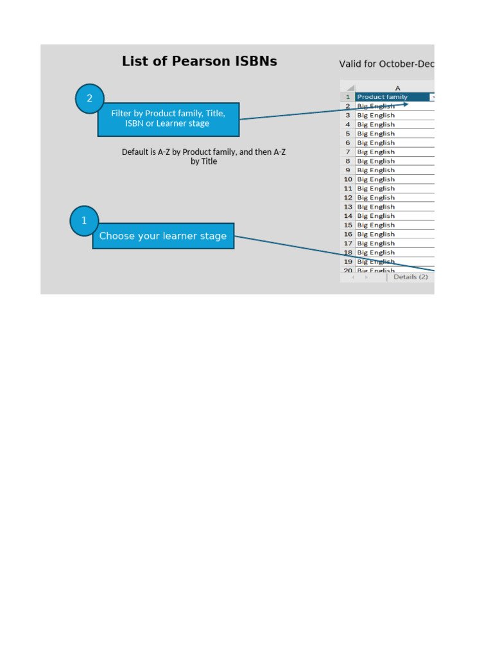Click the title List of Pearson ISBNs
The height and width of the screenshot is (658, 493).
200,62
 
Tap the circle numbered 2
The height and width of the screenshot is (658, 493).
90,98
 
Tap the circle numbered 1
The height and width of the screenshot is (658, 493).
84,221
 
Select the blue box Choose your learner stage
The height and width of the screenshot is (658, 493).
163,236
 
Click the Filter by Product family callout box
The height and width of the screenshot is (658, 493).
168,119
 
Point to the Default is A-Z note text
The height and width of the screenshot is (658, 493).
203,157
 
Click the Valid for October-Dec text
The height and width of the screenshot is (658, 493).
386,64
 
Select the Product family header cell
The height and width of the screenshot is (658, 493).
392,97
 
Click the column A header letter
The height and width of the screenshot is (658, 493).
397,88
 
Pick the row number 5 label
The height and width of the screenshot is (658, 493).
347,134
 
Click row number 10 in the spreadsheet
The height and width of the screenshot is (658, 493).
347,179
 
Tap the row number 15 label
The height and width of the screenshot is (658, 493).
347,225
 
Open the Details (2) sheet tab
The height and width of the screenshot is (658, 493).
410,277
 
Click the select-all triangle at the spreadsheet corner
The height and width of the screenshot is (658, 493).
350,88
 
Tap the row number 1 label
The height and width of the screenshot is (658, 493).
347,97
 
